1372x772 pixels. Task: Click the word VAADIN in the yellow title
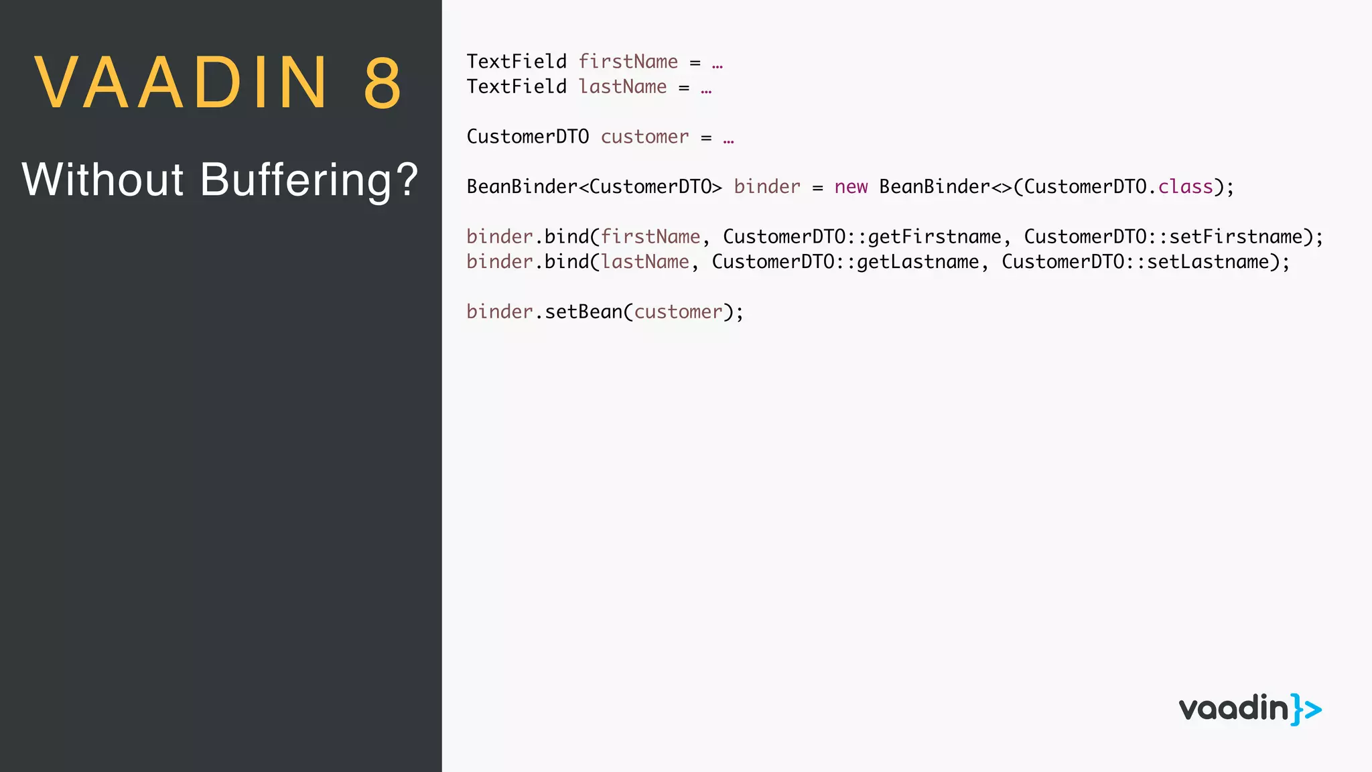click(181, 83)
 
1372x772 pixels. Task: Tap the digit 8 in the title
click(383, 83)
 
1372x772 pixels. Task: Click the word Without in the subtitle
click(102, 180)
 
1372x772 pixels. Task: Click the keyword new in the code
click(851, 187)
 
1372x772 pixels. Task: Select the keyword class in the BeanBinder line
click(1185, 187)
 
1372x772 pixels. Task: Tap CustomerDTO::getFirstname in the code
click(862, 237)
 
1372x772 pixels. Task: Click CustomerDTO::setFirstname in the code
click(1163, 237)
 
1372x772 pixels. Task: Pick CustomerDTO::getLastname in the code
click(845, 262)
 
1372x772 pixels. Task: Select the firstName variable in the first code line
click(628, 62)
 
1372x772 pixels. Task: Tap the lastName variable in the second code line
click(622, 87)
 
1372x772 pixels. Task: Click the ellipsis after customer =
click(728, 138)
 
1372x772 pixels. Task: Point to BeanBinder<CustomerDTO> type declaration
click(594, 187)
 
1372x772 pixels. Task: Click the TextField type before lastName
click(517, 87)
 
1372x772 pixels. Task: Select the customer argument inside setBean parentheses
click(678, 312)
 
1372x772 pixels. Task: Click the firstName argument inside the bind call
click(650, 237)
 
